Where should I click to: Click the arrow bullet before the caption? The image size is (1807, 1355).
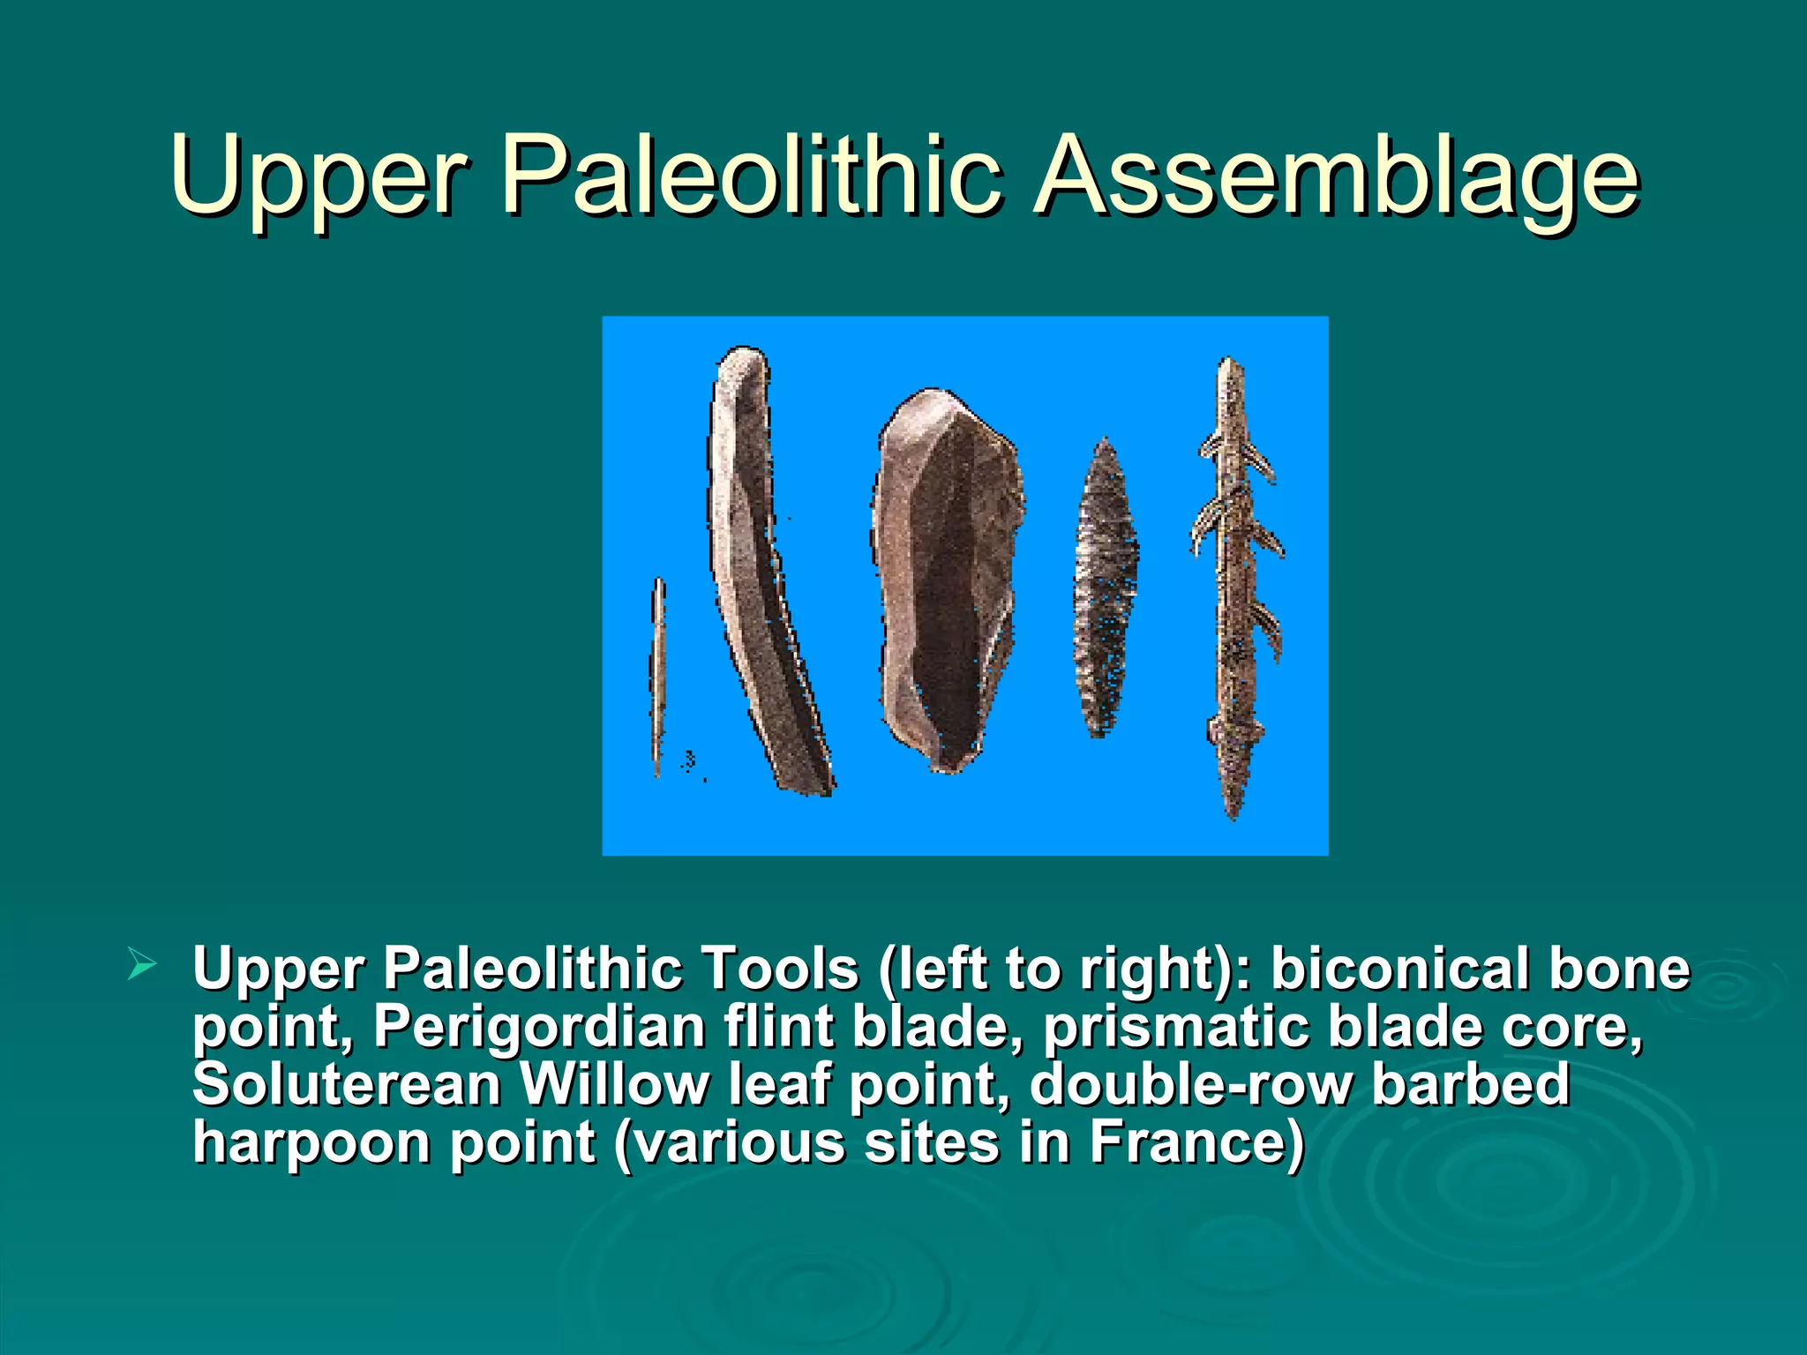(141, 962)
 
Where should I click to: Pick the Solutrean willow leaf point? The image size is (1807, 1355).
(1105, 587)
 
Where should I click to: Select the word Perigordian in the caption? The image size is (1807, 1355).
(538, 1027)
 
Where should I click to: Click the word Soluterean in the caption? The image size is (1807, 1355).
(347, 1084)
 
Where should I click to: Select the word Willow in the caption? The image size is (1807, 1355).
(614, 1084)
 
